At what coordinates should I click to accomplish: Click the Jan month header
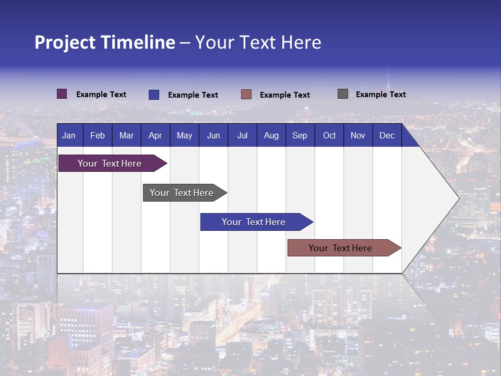(x=69, y=135)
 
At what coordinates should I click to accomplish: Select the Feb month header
(x=98, y=135)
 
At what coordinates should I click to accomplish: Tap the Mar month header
(x=126, y=135)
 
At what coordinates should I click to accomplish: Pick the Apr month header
(x=156, y=135)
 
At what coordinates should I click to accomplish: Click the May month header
(x=184, y=135)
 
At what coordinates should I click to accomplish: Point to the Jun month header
(x=213, y=135)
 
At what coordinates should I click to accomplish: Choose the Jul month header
(x=242, y=135)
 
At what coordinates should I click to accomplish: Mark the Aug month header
(x=271, y=135)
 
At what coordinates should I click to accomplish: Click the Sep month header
(x=300, y=135)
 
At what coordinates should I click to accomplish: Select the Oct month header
(x=329, y=135)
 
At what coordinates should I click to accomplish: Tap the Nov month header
(x=358, y=135)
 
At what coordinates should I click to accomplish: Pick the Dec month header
(x=387, y=135)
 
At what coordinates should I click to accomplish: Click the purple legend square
(x=62, y=94)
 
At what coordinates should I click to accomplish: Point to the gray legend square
(x=343, y=94)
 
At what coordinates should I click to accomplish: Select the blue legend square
(x=154, y=95)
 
